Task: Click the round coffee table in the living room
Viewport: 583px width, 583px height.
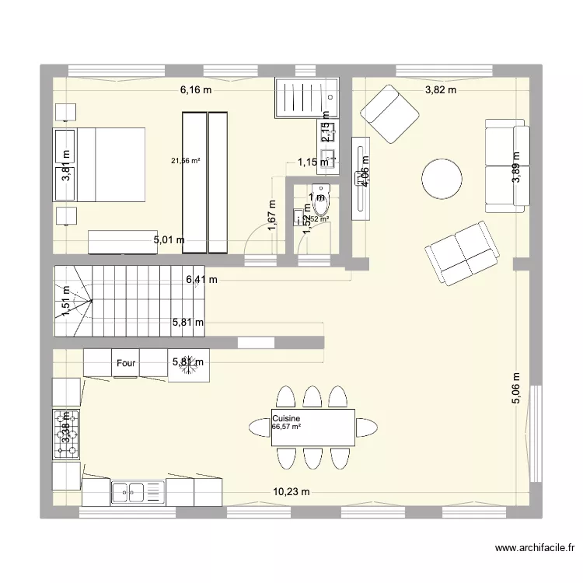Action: [x=442, y=179]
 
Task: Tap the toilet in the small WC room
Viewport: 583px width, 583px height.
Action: [x=320, y=199]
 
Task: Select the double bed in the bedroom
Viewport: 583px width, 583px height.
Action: [x=99, y=164]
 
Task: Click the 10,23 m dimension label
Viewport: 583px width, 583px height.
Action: [x=291, y=491]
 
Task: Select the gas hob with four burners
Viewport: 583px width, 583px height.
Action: [x=66, y=433]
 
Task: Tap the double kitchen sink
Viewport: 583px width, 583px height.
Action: [x=138, y=490]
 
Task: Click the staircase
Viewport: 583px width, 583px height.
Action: [x=128, y=301]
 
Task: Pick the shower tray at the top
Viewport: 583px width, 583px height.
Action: [x=306, y=97]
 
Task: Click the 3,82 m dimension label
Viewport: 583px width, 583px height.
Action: [x=440, y=90]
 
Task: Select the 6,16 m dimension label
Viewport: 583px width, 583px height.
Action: [x=196, y=90]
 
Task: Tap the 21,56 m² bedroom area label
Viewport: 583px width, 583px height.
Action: [x=186, y=161]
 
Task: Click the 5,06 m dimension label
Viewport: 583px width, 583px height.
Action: [x=515, y=385]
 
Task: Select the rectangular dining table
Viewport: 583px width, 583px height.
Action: [x=313, y=427]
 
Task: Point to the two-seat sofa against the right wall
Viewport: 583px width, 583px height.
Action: [x=505, y=166]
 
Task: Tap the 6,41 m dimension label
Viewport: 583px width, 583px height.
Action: [x=201, y=280]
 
